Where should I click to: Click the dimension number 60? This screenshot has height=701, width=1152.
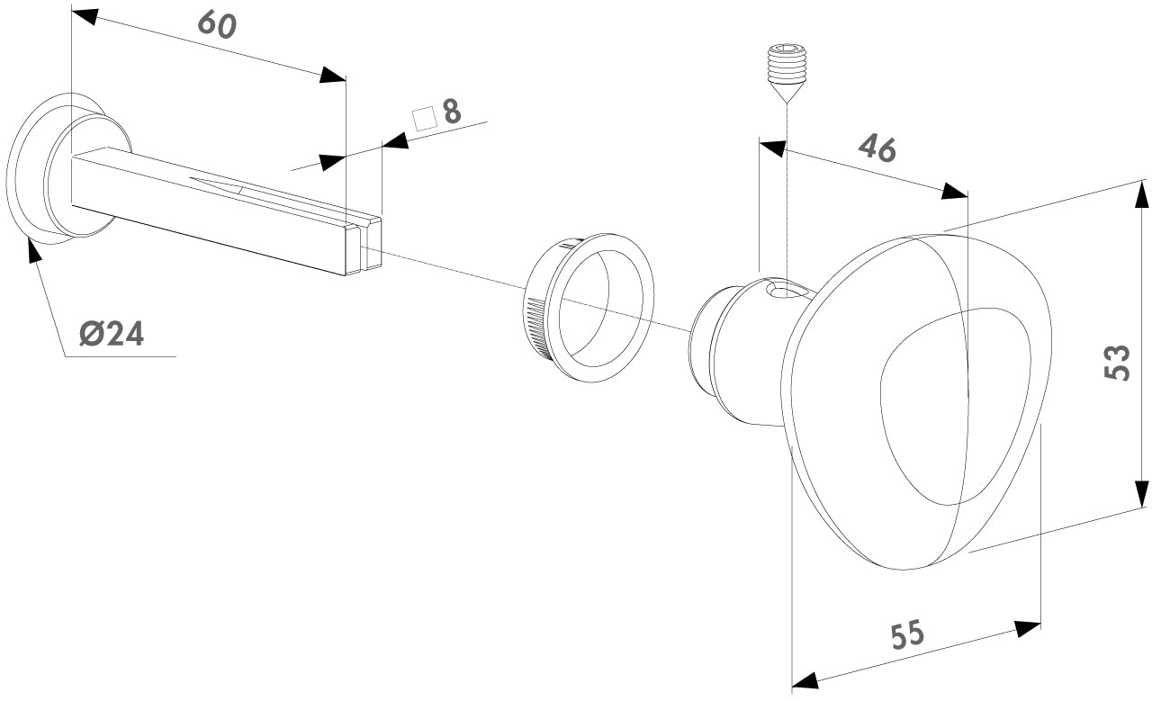[216, 24]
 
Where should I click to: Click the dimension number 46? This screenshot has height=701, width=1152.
[876, 148]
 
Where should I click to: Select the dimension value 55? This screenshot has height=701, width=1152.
[907, 635]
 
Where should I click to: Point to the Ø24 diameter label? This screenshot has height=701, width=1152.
[111, 334]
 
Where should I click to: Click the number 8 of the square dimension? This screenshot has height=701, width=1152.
[451, 112]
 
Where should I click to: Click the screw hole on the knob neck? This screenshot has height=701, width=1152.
[785, 290]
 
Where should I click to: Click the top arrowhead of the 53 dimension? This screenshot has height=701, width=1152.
[1141, 194]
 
